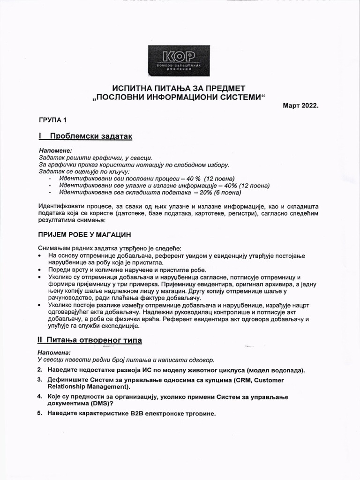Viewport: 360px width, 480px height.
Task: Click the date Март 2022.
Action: click(x=300, y=105)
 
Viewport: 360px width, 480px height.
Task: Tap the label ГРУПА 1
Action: click(x=52, y=120)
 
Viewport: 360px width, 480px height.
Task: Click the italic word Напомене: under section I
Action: click(x=55, y=151)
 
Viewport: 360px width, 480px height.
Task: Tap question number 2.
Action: click(x=39, y=370)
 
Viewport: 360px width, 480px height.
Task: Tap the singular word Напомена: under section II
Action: click(x=53, y=352)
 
